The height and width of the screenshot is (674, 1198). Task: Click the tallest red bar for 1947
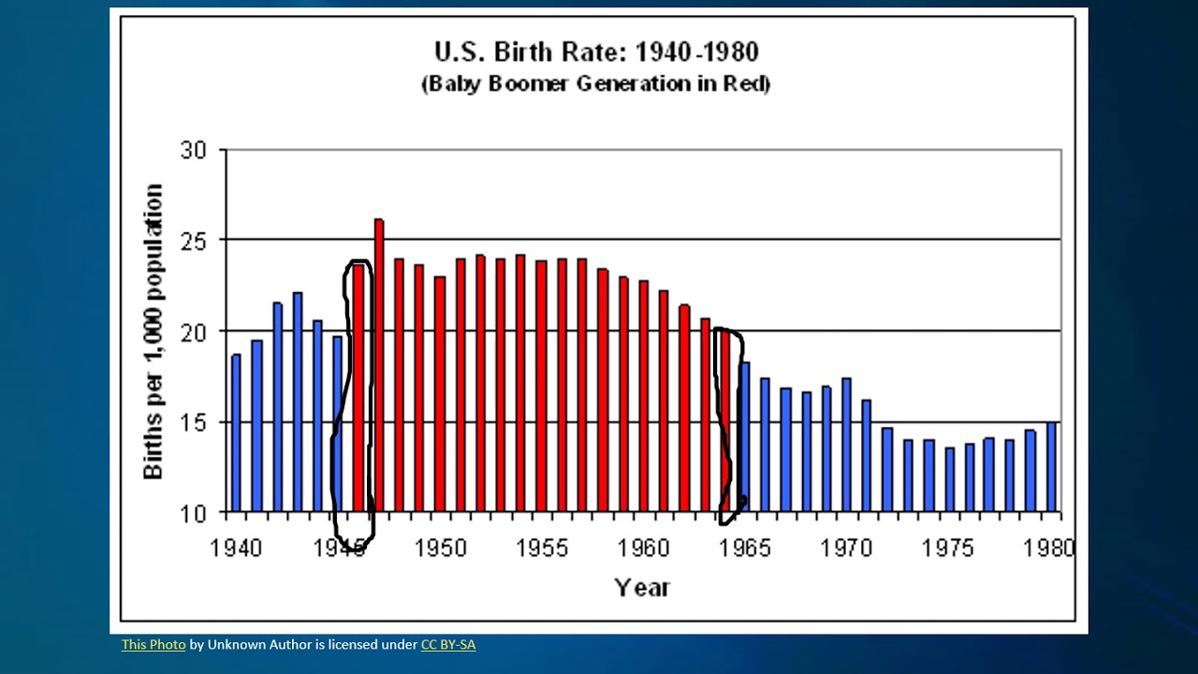(x=379, y=365)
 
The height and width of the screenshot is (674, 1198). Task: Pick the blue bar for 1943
(x=298, y=402)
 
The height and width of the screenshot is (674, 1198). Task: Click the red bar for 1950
(x=440, y=394)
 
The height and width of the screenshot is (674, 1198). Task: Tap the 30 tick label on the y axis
(x=193, y=150)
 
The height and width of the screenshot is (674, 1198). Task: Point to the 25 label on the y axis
(x=193, y=241)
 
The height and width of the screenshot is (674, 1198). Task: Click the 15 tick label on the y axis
(x=193, y=422)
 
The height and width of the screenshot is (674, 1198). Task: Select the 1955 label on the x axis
(x=542, y=549)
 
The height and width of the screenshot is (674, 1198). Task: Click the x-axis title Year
(x=642, y=588)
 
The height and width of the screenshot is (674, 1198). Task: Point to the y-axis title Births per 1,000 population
(x=153, y=331)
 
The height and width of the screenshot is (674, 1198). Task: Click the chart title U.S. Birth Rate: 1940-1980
(x=596, y=51)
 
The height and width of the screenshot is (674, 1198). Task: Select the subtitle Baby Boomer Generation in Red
(x=596, y=83)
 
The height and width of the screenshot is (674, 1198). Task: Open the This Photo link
(x=153, y=645)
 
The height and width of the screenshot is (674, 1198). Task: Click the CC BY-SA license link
(x=447, y=645)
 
